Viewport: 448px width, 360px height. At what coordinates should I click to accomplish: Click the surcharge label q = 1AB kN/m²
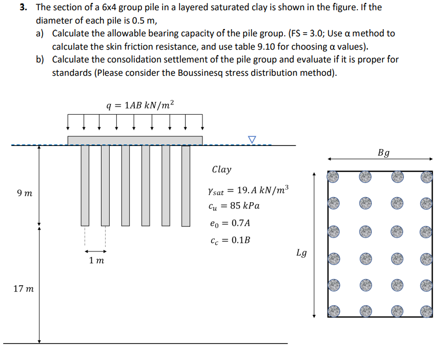tap(139, 106)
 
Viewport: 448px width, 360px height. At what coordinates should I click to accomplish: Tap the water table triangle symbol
tap(251, 139)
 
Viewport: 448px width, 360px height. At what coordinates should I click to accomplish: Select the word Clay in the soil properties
tap(221, 170)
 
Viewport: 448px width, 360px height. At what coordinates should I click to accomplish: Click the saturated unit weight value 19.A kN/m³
tap(261, 190)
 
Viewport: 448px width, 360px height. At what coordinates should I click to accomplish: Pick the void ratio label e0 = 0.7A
tap(231, 223)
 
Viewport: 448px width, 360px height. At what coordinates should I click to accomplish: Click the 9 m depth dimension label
tap(24, 194)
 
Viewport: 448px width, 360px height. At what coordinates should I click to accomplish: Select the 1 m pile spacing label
tap(96, 261)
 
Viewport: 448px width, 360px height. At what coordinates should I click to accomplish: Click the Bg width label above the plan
tap(383, 153)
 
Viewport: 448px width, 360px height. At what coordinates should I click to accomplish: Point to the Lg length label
tap(302, 252)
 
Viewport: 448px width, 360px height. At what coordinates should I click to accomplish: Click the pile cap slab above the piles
tap(135, 140)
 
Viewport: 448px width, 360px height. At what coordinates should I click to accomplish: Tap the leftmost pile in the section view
tap(85, 185)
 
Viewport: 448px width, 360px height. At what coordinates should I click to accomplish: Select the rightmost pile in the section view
tap(186, 185)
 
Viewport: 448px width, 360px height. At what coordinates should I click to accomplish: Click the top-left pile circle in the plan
tap(334, 177)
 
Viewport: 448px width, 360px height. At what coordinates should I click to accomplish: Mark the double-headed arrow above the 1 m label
tap(95, 251)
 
